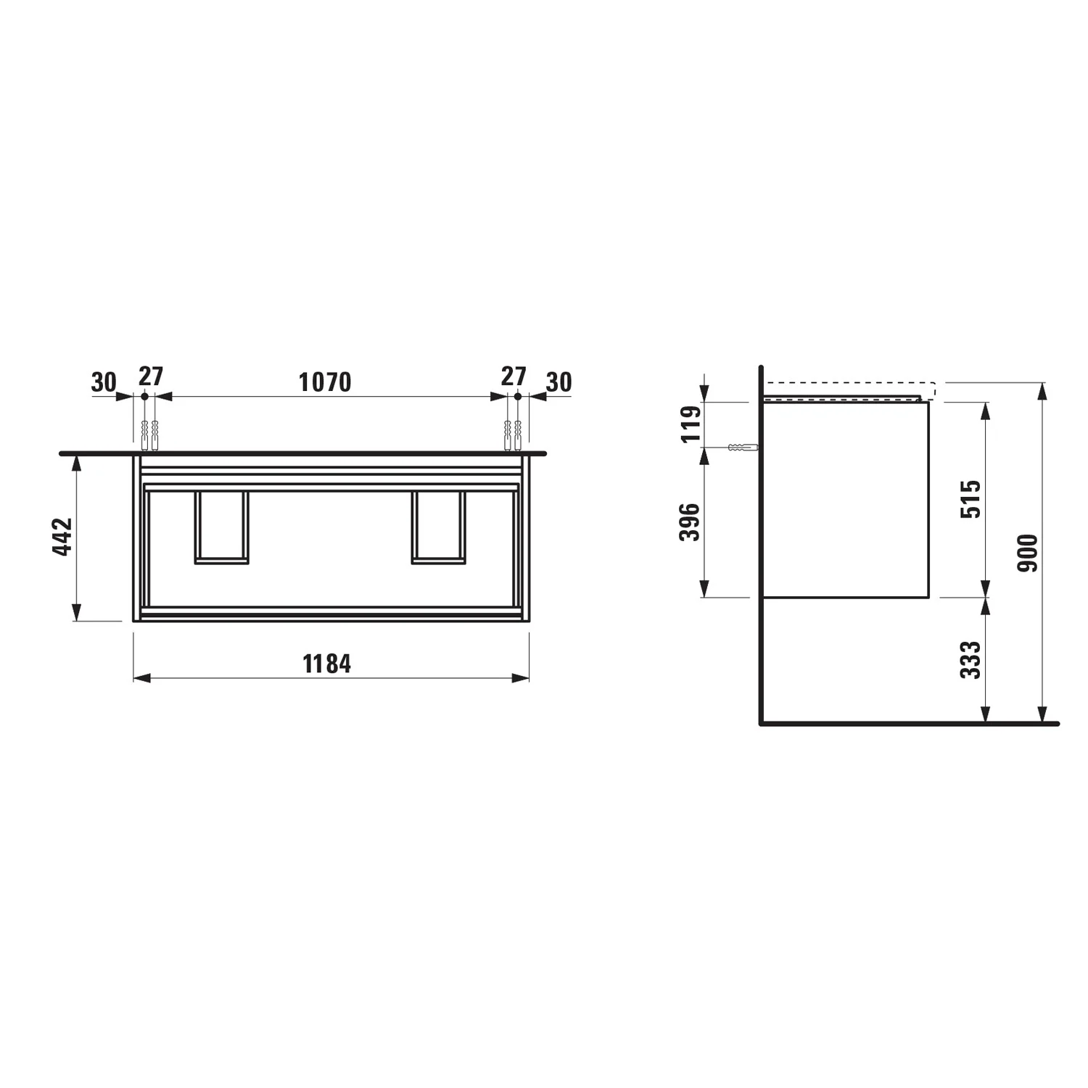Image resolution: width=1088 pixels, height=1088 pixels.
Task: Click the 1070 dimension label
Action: (325, 382)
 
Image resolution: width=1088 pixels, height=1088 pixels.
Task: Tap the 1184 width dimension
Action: (327, 663)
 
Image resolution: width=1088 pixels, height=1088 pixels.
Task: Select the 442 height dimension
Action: (63, 537)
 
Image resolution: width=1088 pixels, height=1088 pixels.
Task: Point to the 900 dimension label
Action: (1028, 553)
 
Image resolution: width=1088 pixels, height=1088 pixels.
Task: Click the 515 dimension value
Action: (970, 498)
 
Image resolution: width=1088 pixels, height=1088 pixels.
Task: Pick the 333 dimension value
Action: (970, 659)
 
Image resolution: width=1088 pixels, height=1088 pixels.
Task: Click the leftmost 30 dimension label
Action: (104, 382)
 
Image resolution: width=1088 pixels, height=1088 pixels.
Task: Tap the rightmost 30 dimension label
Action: (559, 382)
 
